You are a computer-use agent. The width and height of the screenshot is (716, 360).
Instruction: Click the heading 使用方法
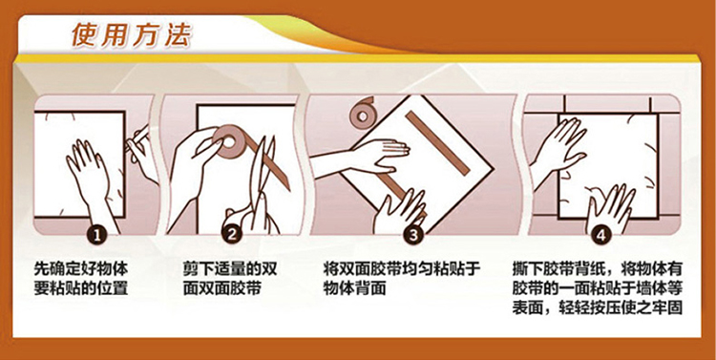click(x=132, y=35)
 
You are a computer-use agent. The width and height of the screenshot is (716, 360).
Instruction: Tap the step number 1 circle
click(x=96, y=235)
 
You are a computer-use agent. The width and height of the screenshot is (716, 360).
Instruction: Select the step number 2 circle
click(x=232, y=235)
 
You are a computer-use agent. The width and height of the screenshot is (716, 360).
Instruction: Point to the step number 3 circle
click(x=413, y=235)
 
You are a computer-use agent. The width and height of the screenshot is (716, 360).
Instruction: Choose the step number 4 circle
click(x=600, y=235)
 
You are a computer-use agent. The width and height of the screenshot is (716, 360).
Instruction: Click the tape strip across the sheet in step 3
click(x=437, y=143)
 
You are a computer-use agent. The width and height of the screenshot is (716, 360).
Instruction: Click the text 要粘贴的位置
click(x=81, y=288)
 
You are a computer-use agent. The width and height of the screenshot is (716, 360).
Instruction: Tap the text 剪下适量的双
click(x=230, y=268)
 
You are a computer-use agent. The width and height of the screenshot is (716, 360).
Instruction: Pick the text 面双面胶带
click(x=222, y=288)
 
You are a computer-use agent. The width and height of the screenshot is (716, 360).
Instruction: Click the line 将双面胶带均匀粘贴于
click(x=402, y=268)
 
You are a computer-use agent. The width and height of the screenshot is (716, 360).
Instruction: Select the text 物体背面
click(x=354, y=288)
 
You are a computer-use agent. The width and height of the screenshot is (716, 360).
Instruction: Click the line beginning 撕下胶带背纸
click(x=597, y=268)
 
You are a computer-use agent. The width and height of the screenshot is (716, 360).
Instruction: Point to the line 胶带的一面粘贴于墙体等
click(x=597, y=288)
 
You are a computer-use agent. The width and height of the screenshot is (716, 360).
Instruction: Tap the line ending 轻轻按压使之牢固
click(x=597, y=307)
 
